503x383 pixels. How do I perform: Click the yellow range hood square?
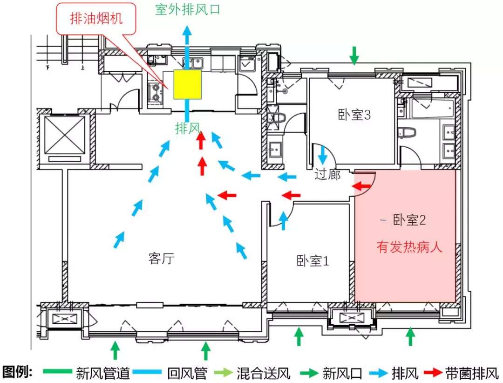tap(188, 84)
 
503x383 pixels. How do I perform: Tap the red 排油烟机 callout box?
tap(97, 19)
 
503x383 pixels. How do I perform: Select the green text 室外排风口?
tap(187, 10)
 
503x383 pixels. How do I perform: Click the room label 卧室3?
tap(354, 115)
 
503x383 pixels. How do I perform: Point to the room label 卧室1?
tap(313, 261)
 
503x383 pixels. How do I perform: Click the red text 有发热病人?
tap(409, 247)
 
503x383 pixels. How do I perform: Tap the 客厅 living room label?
tap(162, 259)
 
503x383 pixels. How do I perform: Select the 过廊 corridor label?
tap(327, 175)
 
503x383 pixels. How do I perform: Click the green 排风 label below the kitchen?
tap(188, 128)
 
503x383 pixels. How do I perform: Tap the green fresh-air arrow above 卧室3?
tap(354, 55)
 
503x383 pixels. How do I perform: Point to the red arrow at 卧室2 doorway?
tap(360, 186)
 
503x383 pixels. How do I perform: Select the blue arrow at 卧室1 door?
tap(283, 220)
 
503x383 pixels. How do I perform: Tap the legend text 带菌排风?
tap(471, 373)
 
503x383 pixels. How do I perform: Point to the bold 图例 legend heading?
tap(18, 372)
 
